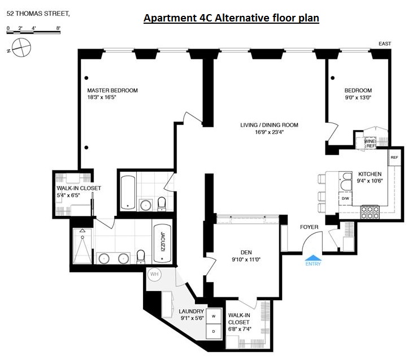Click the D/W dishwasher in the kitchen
point(344,199)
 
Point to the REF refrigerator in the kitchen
point(394,158)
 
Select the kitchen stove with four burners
point(370,211)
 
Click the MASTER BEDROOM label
point(112,90)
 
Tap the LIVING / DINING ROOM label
point(269,125)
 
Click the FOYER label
point(309,227)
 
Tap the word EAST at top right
point(384,44)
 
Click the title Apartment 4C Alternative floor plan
point(231,18)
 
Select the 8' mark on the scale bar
point(58,27)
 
